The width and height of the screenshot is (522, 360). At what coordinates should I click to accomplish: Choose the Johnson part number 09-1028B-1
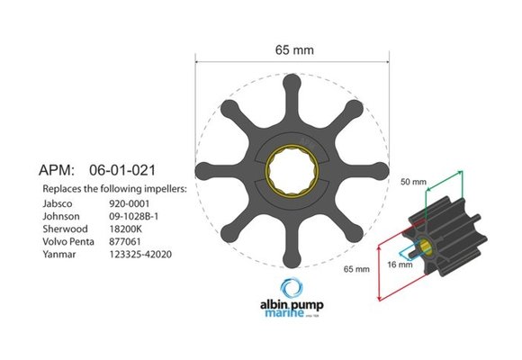(x=136, y=217)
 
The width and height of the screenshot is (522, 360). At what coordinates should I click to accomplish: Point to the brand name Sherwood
(x=64, y=229)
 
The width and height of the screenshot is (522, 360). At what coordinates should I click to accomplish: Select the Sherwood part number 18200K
(x=126, y=229)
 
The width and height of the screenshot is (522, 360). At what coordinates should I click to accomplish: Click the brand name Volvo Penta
(x=68, y=242)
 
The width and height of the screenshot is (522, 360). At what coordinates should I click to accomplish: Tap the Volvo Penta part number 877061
(x=124, y=242)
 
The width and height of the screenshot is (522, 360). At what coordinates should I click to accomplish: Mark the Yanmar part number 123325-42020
(x=140, y=255)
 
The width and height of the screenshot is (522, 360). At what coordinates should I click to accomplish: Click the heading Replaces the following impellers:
(x=114, y=190)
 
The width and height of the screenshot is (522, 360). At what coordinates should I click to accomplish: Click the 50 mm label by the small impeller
(x=413, y=181)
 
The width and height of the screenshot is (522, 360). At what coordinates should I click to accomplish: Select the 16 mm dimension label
(x=400, y=264)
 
